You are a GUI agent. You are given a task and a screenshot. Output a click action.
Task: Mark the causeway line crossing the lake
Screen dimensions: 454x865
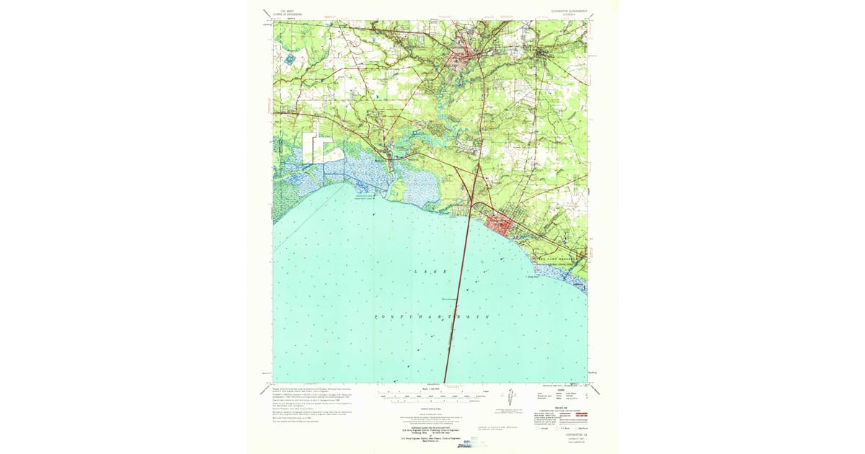[x=457, y=303]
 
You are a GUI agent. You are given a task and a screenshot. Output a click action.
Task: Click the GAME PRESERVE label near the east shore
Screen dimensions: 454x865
[x=559, y=257]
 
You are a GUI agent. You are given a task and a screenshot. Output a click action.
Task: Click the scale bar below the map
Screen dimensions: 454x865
[x=429, y=396]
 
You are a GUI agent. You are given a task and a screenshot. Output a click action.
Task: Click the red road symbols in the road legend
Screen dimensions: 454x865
[x=569, y=417]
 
